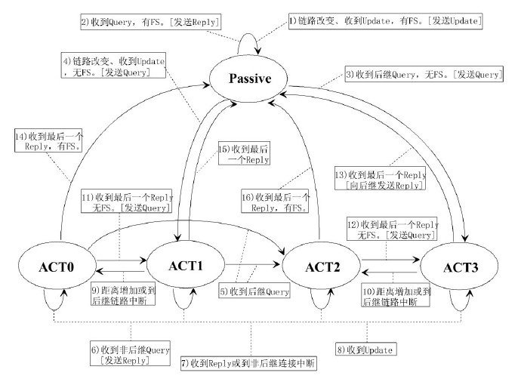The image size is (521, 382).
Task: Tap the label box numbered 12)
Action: click(391, 231)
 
